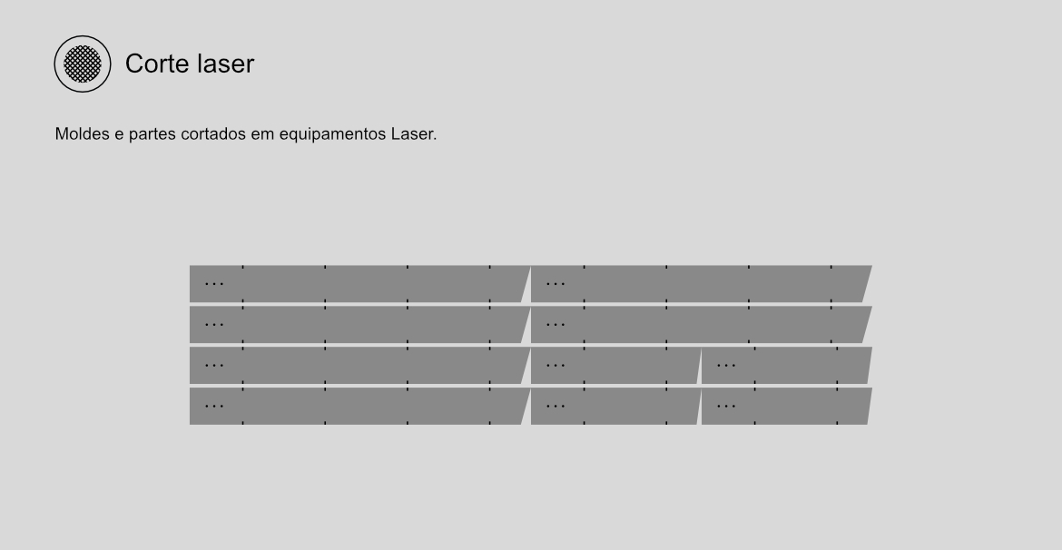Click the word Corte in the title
coord(159,64)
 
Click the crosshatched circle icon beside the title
coord(83,64)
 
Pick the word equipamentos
coord(332,135)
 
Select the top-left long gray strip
coord(359,284)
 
